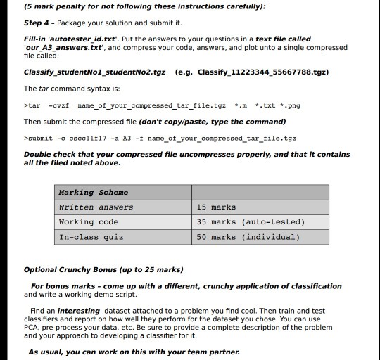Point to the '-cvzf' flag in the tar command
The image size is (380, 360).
point(60,105)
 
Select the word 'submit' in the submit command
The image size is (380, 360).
point(44,138)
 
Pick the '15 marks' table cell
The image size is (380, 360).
point(217,207)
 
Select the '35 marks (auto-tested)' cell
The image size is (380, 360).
point(251,221)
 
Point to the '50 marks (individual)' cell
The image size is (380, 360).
point(248,237)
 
